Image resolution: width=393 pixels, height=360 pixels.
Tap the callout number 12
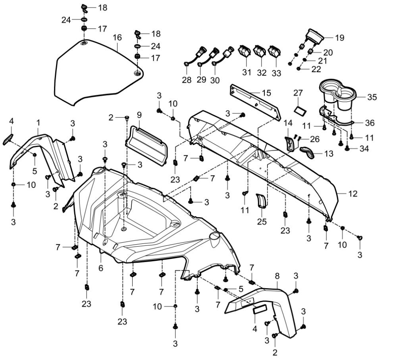tap(353, 194)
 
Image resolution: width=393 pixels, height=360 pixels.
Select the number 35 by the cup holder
tap(372, 97)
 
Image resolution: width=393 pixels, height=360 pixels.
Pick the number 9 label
tap(139, 115)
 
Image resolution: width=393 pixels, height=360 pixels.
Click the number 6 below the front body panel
tap(101, 268)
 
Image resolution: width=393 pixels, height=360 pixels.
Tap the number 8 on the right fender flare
tap(277, 275)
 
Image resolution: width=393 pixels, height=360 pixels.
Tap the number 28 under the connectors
tap(187, 80)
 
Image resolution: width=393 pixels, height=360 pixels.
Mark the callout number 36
tap(370, 123)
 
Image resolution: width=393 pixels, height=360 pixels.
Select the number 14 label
tap(288, 123)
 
